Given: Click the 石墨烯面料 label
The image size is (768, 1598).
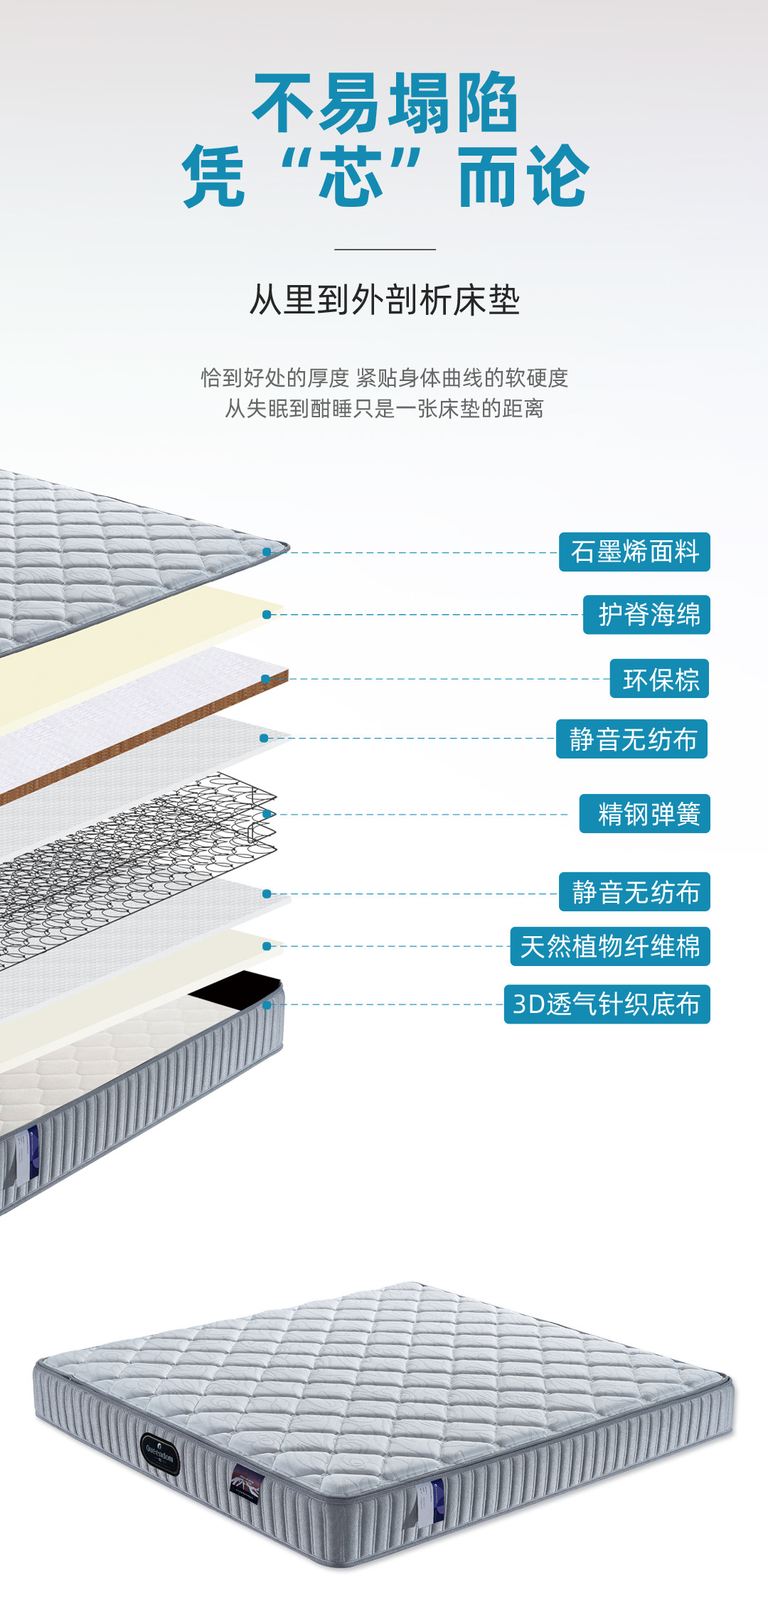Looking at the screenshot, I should click(634, 552).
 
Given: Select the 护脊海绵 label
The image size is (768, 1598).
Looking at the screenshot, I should click(646, 615).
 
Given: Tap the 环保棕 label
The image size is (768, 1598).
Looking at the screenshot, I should click(659, 679).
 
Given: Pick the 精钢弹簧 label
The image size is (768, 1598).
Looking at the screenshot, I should click(645, 814).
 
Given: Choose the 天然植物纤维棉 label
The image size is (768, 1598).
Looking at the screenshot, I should click(610, 946).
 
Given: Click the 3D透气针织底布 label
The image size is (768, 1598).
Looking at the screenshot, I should click(607, 1004).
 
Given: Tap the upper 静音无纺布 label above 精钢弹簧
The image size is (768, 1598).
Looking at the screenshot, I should click(631, 739).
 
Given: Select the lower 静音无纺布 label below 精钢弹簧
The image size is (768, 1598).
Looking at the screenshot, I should click(634, 892).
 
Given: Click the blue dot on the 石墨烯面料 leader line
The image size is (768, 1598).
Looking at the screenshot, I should click(267, 552).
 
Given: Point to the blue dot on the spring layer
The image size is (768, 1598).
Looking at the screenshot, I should click(267, 814).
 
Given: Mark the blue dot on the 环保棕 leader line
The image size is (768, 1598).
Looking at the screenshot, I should click(265, 680).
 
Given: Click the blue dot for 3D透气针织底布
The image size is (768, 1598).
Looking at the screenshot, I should click(267, 1005).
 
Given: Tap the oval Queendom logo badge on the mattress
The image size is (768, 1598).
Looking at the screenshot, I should click(159, 1453).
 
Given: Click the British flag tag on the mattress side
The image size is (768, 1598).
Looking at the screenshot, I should click(246, 1486).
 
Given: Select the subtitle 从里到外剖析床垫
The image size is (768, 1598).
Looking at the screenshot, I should click(385, 300).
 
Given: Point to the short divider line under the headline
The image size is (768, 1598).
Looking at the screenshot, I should click(385, 250).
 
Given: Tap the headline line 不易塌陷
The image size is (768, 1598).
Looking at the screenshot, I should click(385, 103).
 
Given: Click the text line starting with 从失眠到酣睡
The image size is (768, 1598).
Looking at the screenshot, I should click(385, 409).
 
